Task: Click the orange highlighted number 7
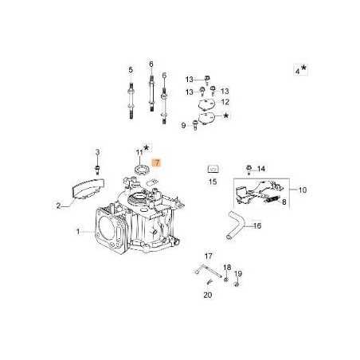157,162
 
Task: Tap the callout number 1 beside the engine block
78,232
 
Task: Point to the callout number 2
58,205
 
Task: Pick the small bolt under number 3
97,167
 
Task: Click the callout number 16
257,226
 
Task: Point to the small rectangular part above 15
213,168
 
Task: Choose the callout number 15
213,182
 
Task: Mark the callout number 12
225,102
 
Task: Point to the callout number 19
238,273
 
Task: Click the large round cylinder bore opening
109,226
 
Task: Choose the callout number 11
139,151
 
